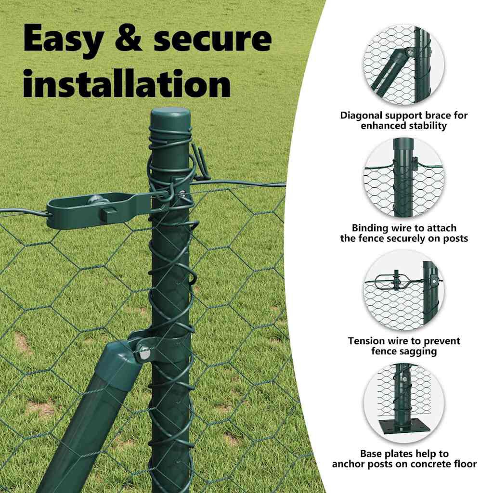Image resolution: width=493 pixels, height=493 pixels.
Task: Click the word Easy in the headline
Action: pos(63,40)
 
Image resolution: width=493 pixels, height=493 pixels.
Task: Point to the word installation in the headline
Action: pos(127,83)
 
